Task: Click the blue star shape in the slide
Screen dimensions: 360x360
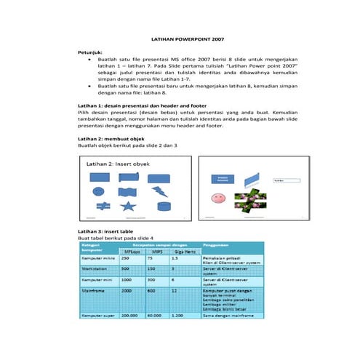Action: coord(127,207)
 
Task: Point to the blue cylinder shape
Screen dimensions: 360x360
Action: coord(163,207)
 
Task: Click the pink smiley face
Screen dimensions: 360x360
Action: coord(217,198)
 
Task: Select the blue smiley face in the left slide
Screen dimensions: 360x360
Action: coord(98,192)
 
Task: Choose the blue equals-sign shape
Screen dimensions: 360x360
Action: coord(98,207)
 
